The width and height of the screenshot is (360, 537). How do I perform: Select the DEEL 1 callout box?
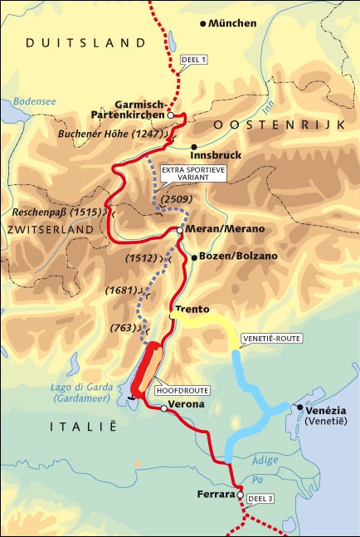click(x=196, y=60)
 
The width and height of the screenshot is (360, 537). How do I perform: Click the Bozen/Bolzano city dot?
click(x=194, y=258)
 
